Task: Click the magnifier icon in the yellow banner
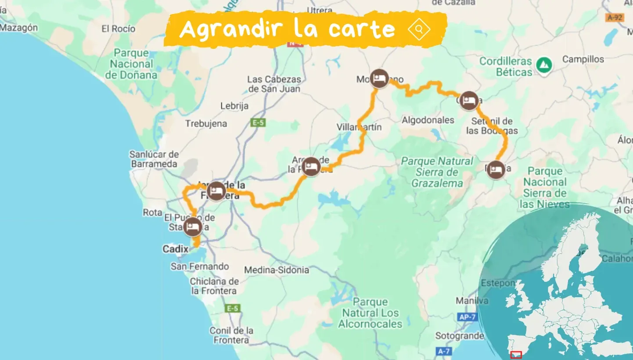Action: (x=419, y=29)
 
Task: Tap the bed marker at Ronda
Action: (x=496, y=170)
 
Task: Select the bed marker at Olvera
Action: (x=469, y=101)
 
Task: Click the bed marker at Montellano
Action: (x=379, y=79)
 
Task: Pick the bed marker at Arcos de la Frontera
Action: (x=311, y=166)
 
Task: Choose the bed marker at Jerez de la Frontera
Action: (x=216, y=191)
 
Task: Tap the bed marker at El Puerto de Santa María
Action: (x=193, y=227)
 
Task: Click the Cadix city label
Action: (x=175, y=249)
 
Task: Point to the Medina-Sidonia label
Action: (x=276, y=270)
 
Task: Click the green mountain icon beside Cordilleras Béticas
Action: (x=544, y=65)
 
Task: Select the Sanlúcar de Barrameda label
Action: (x=154, y=159)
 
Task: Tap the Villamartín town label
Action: (x=359, y=127)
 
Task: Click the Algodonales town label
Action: (x=428, y=120)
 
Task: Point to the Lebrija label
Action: (x=234, y=106)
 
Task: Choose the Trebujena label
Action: (x=206, y=124)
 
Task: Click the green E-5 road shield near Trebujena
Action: (x=258, y=122)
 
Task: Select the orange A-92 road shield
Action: (x=615, y=18)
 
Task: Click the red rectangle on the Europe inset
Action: (x=516, y=354)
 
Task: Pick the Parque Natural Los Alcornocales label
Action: (x=370, y=313)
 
